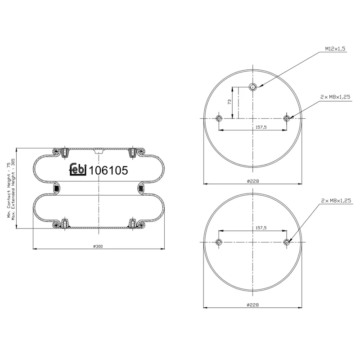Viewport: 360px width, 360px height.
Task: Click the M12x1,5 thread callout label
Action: pyautogui.click(x=335, y=48)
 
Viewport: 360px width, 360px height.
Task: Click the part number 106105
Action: pyautogui.click(x=108, y=171)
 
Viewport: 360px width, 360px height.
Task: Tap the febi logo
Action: pyautogui.click(x=78, y=170)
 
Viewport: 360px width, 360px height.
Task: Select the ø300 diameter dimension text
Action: pyautogui.click(x=99, y=246)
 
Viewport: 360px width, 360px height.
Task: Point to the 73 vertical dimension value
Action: pyautogui.click(x=229, y=102)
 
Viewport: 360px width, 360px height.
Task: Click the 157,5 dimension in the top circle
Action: pyautogui.click(x=261, y=127)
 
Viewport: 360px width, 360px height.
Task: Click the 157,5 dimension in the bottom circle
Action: pyautogui.click(x=261, y=228)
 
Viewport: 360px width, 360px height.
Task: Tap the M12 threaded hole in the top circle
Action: pyautogui.click(x=253, y=87)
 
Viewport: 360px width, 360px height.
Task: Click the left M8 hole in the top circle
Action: pyautogui.click(x=219, y=118)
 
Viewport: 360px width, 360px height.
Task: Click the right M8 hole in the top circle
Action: pyautogui.click(x=287, y=118)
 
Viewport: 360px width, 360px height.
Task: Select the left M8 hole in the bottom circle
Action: pyautogui.click(x=219, y=242)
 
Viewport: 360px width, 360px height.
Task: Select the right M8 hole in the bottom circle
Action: pyautogui.click(x=287, y=242)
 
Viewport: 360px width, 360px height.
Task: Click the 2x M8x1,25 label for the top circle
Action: pyautogui.click(x=335, y=97)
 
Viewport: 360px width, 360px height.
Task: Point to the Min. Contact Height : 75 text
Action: pyautogui.click(x=9, y=189)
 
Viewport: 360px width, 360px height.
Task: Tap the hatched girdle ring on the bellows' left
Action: pyautogui.click(x=57, y=188)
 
